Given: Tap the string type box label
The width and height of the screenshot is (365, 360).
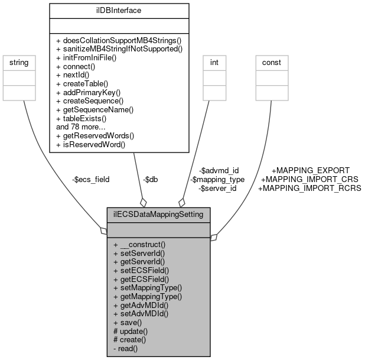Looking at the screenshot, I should (x=17, y=62).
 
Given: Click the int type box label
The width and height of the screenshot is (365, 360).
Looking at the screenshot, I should (x=215, y=62).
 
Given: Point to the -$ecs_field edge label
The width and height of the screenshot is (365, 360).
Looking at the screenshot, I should (x=90, y=179).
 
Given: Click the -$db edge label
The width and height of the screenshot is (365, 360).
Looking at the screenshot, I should (x=151, y=179).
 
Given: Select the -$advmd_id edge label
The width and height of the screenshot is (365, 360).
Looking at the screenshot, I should (x=219, y=170).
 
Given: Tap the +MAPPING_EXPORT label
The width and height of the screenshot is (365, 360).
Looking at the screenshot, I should (x=310, y=170).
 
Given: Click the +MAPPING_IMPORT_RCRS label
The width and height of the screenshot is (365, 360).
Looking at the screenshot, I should (x=309, y=188).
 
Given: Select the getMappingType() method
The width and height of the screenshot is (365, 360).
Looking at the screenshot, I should (x=147, y=296).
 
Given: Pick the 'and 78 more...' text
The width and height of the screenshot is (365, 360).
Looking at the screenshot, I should (x=81, y=127).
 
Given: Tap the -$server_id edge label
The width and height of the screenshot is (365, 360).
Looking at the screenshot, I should (x=217, y=188).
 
